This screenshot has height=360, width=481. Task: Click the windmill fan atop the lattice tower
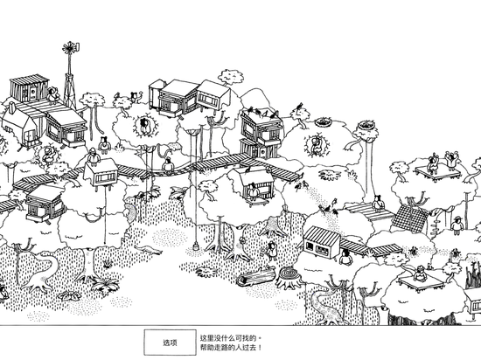[x=71, y=48]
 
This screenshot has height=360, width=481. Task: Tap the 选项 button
[x=171, y=343]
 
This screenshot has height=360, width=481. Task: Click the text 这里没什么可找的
[x=228, y=338]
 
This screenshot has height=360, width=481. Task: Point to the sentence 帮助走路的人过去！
[x=231, y=348]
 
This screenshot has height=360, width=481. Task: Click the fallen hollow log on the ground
[x=256, y=276]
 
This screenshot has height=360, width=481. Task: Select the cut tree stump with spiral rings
[x=289, y=277]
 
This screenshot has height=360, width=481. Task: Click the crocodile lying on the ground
[x=149, y=250]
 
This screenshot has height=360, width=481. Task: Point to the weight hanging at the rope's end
[x=195, y=246]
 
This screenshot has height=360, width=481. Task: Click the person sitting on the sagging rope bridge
[x=168, y=166]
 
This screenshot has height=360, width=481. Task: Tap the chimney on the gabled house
[x=11, y=107]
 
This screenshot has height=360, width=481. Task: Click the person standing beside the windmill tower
[x=53, y=94]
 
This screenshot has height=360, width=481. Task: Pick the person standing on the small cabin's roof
[x=93, y=157]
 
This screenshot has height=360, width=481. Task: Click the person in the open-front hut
[x=254, y=191]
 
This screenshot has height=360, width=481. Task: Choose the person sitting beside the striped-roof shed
[x=345, y=258]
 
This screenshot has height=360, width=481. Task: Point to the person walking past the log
[x=272, y=251]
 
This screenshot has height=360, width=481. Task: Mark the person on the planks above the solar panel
[x=378, y=203]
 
